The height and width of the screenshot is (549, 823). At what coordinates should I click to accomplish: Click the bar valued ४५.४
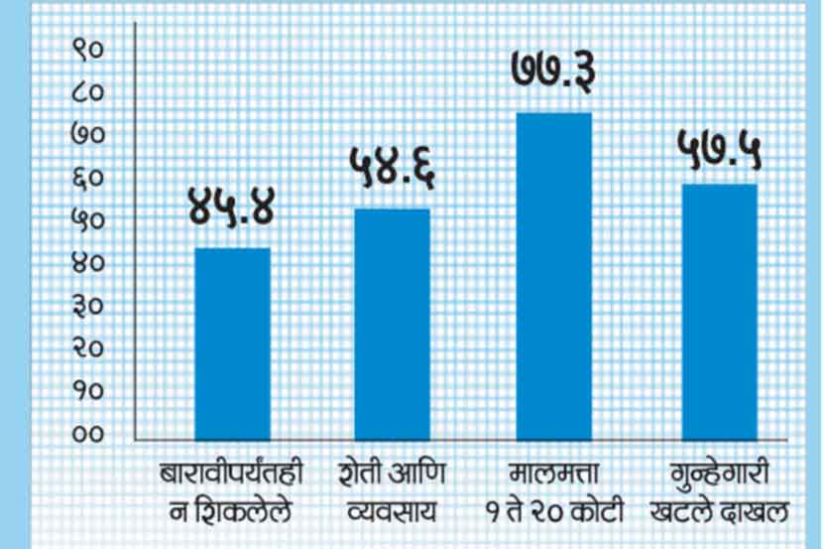[x=232, y=343]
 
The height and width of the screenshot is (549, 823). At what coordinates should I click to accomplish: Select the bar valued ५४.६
[x=393, y=323]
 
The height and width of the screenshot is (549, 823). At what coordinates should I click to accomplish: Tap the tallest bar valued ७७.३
[x=553, y=275]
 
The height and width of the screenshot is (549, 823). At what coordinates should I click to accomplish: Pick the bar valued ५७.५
[x=719, y=311]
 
